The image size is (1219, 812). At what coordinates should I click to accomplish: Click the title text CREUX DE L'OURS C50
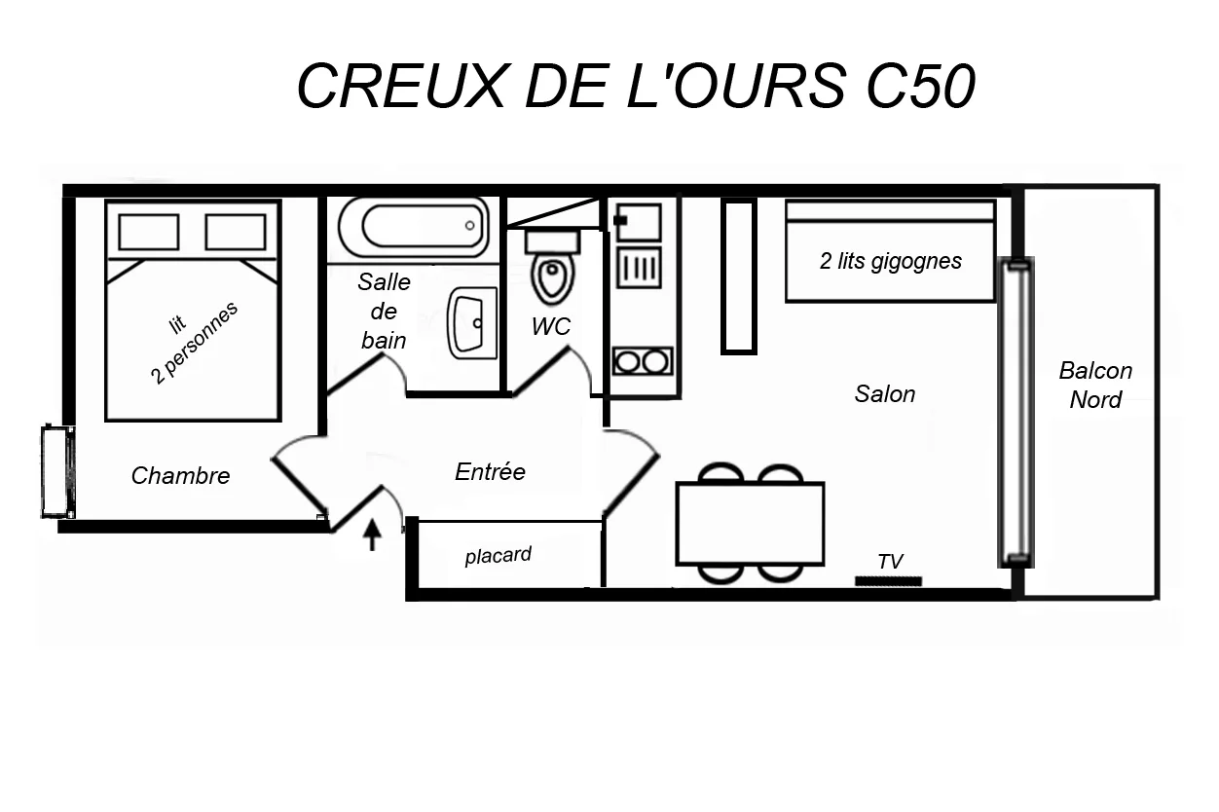point(636,86)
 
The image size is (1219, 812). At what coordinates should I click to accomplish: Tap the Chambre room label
point(181,476)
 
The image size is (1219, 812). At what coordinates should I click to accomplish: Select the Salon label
point(885,394)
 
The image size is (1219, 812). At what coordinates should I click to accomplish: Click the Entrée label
point(490,471)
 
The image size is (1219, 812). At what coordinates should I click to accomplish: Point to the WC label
point(551,326)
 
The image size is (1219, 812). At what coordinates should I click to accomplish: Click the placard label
point(498,556)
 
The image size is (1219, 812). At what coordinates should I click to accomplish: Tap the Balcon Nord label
point(1095,386)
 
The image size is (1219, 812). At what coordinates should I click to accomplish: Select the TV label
point(890,562)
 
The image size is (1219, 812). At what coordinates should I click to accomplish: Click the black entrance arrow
point(372,535)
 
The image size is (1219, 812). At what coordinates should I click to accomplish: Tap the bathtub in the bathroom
point(414,227)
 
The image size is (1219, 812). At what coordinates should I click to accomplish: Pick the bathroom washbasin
point(472,322)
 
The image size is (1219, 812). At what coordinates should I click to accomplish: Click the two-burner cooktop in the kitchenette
point(643,361)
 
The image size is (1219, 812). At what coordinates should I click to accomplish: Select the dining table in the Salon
point(750,524)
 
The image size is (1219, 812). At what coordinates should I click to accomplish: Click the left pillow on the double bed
point(149,232)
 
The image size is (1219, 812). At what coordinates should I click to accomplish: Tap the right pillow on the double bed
point(236,232)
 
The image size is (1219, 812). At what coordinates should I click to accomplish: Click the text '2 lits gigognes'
point(890,261)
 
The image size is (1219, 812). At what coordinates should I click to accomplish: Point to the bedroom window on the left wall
point(58,471)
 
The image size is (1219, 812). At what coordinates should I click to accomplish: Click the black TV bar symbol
point(888,581)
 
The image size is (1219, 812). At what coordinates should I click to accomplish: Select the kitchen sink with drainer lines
point(639,268)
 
